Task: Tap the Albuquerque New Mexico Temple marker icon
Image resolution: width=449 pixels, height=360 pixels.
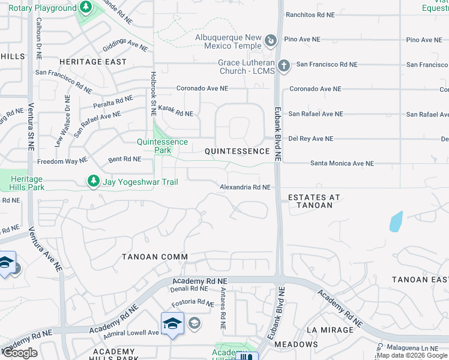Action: (x=271, y=41)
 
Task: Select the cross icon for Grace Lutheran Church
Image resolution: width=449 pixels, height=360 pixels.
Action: (x=284, y=65)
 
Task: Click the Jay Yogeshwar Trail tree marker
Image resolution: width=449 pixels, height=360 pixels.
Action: (x=93, y=181)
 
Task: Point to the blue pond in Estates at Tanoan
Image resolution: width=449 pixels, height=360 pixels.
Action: (x=396, y=221)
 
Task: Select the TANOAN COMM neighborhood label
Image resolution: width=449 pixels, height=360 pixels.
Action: (x=155, y=257)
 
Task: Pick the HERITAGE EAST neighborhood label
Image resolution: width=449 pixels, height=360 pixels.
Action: (x=93, y=62)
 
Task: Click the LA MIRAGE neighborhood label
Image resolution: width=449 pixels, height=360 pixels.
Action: (x=330, y=330)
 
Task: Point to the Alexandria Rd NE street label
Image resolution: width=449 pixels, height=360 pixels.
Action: (x=245, y=187)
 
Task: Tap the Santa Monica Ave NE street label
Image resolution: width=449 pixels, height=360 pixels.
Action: (x=342, y=163)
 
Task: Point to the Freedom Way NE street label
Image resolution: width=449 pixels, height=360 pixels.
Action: (x=62, y=161)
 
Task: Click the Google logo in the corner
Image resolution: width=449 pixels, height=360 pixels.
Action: (x=20, y=353)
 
